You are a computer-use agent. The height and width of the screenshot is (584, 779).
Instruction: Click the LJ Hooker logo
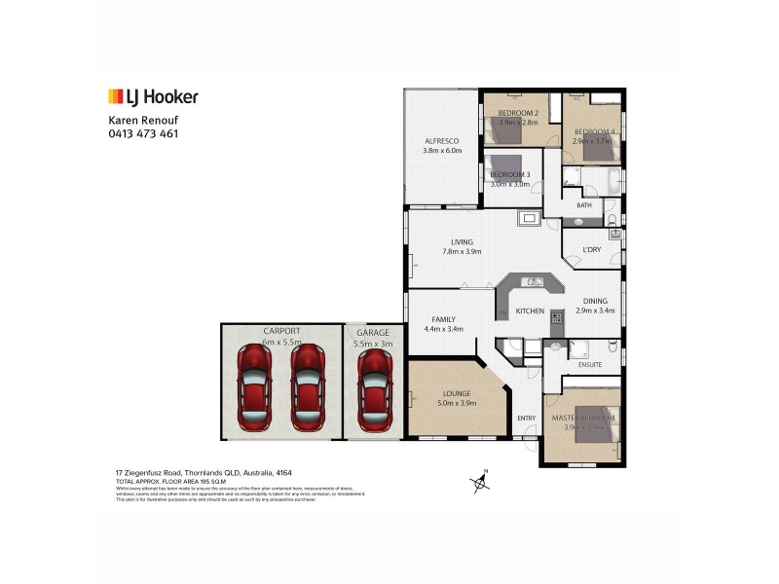point(153,96)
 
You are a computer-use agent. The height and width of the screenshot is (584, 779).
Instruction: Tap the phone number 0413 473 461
point(142,133)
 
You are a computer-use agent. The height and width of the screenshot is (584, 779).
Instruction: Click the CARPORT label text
point(280,332)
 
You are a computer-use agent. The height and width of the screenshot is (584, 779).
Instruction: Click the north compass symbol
point(479,482)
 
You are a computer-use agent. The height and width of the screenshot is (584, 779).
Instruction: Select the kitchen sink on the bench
point(535,282)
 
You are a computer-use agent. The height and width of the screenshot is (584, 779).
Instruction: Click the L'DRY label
point(592,250)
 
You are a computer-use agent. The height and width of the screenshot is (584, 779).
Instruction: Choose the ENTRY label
point(526,419)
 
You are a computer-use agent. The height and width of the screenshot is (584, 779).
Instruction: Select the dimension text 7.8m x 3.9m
point(461,253)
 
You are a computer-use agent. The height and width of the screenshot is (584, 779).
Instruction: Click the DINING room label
point(595,301)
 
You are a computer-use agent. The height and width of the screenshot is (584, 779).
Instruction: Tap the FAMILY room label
point(443,319)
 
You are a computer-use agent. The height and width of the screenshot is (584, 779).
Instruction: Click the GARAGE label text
point(372,332)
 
